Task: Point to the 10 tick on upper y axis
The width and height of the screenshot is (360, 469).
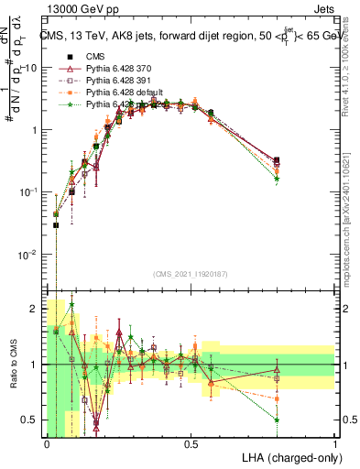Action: tap(32, 68)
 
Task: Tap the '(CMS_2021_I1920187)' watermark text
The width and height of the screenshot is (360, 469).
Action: tap(191, 273)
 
